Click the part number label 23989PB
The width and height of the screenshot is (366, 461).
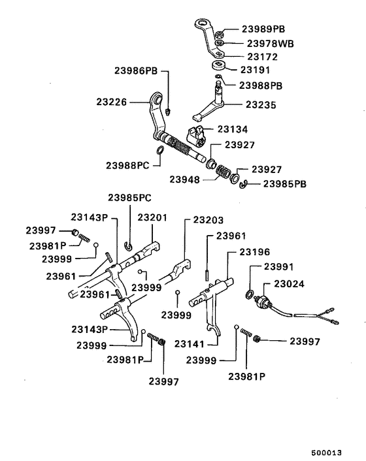pos(263,29)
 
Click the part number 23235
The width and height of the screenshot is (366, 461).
pos(261,104)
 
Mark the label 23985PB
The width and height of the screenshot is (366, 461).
pos(285,184)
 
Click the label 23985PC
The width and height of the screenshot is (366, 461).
pos(129,197)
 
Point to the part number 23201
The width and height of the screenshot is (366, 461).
pos(152,218)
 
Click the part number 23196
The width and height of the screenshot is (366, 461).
pos(254,251)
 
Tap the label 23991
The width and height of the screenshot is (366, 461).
pos(279,266)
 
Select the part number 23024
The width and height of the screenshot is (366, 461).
pos(289,284)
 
